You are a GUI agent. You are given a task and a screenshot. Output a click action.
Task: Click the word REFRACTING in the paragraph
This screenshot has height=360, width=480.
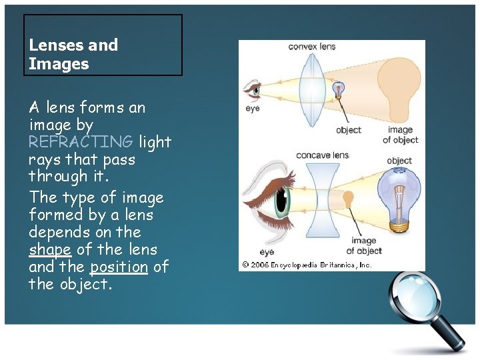tap(81, 142)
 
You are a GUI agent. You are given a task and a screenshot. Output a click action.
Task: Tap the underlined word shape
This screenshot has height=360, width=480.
tap(50, 249)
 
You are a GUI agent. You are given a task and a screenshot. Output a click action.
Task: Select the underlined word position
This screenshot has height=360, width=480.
tap(119, 267)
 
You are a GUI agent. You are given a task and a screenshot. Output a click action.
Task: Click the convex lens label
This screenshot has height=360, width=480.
tap(311, 47)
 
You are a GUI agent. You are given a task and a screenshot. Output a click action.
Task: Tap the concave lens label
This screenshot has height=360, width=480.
tap(323, 155)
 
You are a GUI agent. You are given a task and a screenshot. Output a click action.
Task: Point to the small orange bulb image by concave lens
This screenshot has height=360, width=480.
tap(348, 199)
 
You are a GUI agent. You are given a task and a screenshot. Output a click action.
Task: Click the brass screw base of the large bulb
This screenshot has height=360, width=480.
tap(399, 226)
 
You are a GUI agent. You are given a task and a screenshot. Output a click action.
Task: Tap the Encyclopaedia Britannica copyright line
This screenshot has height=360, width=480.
tap(307, 265)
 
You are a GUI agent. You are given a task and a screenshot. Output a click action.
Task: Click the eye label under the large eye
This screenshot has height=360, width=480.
tap(267, 252)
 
